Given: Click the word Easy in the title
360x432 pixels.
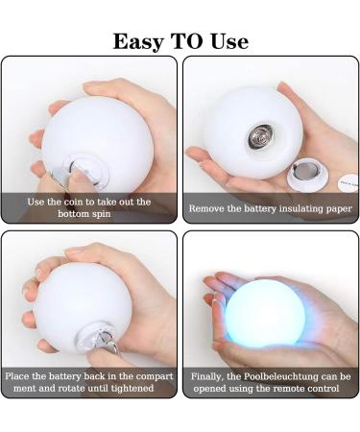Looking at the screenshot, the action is tap(138, 42).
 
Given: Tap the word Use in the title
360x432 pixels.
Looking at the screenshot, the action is tap(229, 41).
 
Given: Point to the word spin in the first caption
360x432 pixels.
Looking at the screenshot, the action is tap(102, 213).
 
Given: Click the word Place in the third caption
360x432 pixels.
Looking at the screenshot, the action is tap(17, 375).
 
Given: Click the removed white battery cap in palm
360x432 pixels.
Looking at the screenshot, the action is tap(304, 175).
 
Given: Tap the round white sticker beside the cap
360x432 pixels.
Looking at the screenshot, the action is tap(348, 182).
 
